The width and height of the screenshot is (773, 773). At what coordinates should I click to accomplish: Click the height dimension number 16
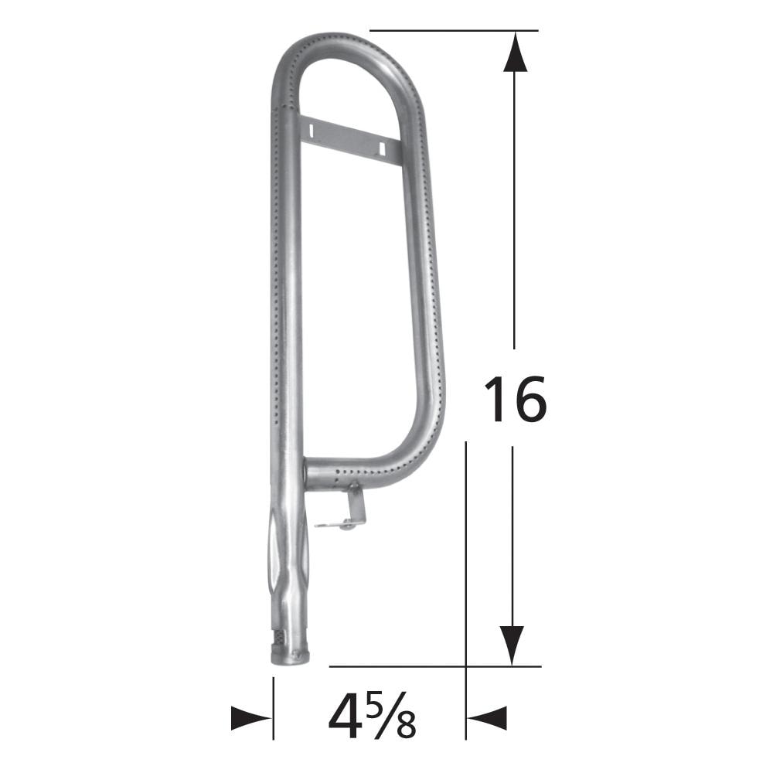point(514,399)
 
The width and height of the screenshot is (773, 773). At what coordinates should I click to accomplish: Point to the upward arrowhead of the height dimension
point(515,54)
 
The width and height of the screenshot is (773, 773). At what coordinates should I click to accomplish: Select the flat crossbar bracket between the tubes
point(348,139)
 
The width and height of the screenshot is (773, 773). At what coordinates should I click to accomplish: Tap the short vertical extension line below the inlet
point(273,707)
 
